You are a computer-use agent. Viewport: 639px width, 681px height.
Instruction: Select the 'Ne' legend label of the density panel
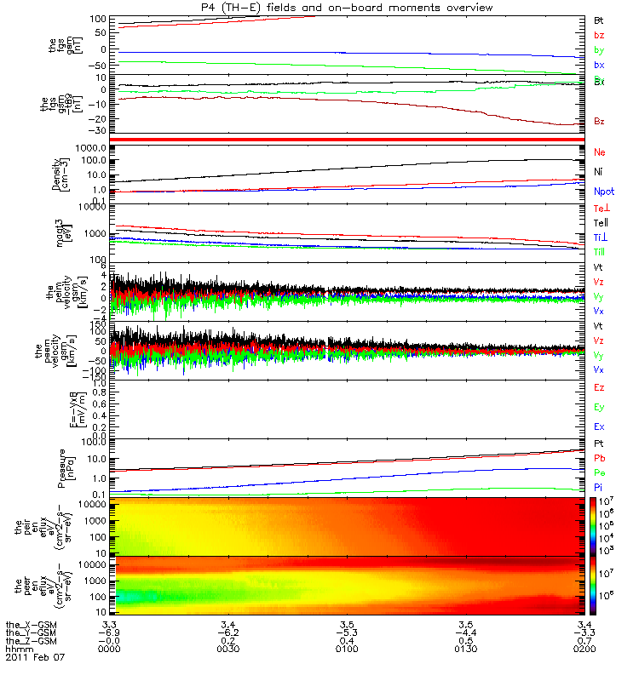point(600,152)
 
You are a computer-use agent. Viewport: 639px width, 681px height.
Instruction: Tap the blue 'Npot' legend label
point(604,192)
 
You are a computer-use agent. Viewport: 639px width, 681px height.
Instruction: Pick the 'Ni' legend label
point(599,172)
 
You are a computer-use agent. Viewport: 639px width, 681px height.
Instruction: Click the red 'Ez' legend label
point(599,387)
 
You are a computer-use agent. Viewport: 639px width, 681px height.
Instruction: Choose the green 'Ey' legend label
point(599,407)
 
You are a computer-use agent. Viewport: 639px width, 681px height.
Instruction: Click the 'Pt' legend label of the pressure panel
point(599,444)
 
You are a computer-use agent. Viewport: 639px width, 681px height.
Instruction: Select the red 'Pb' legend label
point(599,459)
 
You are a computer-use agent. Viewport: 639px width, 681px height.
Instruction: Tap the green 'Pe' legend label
point(599,472)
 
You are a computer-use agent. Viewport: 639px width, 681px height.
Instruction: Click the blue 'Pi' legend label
point(599,487)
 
